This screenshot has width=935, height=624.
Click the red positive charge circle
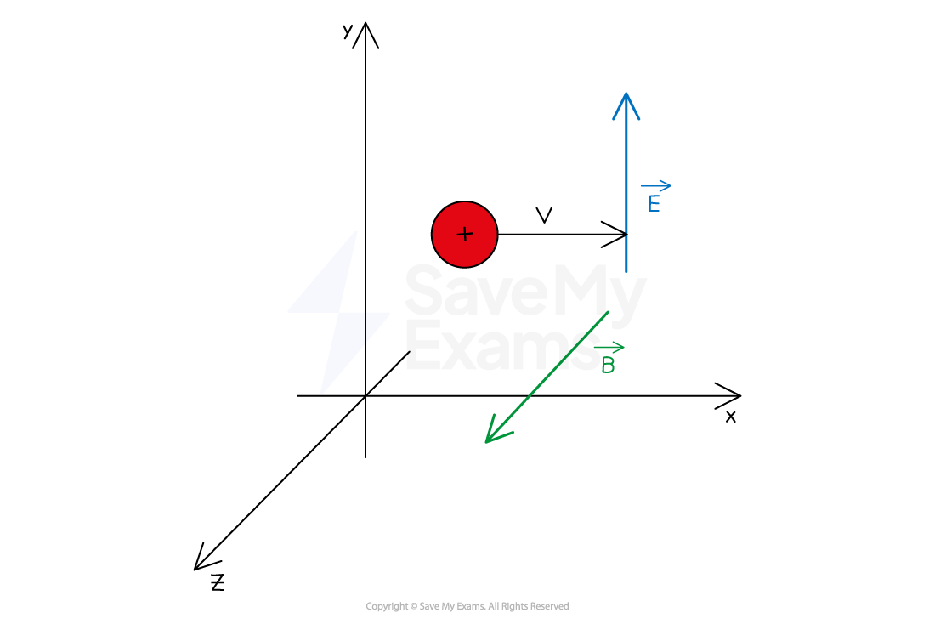[464, 235]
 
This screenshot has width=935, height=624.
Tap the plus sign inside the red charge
[464, 234]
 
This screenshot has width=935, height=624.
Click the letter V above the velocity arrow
[544, 215]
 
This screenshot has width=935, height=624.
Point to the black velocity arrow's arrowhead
[615, 235]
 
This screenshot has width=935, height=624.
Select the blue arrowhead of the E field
[626, 106]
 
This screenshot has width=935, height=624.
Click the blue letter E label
[654, 204]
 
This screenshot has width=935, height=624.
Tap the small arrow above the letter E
[656, 186]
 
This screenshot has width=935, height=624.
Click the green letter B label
[608, 365]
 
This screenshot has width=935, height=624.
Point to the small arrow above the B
[609, 347]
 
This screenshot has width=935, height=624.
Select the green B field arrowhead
[497, 431]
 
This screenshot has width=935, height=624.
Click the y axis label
[348, 31]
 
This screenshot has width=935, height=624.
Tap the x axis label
[730, 417]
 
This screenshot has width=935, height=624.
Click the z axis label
[218, 582]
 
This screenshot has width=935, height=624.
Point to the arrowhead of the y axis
[365, 35]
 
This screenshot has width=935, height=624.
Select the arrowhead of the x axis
[728, 395]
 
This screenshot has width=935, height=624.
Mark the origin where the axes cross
[365, 395]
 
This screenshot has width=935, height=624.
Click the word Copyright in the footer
[387, 606]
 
